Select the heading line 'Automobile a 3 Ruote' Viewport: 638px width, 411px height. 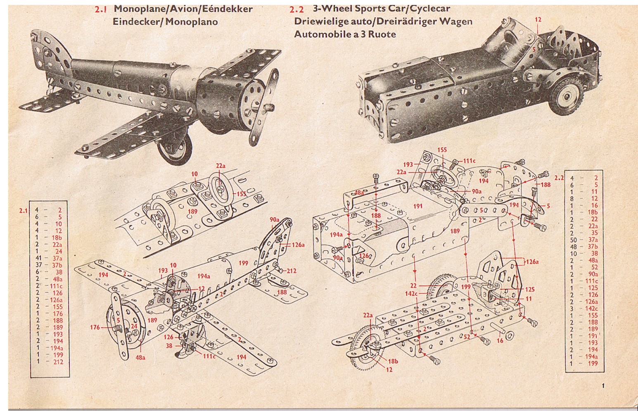pos(345,34)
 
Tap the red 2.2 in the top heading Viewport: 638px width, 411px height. pos(297,9)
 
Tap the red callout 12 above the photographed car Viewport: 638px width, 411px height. pos(538,20)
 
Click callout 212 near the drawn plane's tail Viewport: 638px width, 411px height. pos(292,271)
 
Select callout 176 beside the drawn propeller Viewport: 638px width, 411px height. pos(95,327)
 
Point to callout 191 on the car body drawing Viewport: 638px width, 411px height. pos(418,206)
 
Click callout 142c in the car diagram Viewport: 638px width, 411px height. pos(411,293)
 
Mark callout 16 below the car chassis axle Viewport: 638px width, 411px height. pos(500,340)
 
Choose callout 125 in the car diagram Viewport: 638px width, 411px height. pos(530,289)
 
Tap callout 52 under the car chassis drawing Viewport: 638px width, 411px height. pos(467,337)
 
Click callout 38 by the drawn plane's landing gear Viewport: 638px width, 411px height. pos(169,346)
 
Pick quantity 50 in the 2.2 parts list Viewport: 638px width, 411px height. pos(573,240)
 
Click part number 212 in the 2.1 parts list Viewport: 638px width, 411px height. pos(58,361)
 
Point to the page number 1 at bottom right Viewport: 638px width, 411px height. pos(603,386)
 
